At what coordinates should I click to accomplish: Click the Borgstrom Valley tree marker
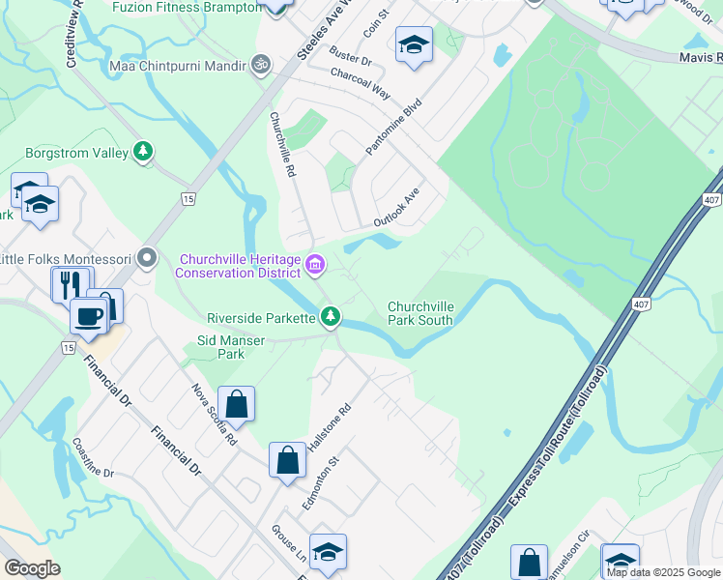tap(143, 151)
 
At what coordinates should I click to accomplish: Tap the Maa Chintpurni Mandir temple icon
tap(259, 65)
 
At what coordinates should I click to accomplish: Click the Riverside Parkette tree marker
tap(331, 316)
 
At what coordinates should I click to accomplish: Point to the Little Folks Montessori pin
tap(147, 257)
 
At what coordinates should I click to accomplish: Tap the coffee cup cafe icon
tap(89, 316)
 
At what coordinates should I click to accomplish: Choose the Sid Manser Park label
tap(231, 347)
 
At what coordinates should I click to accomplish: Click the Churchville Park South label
tap(420, 312)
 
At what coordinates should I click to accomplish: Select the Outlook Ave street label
tap(398, 208)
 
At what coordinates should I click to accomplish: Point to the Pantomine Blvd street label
tap(394, 127)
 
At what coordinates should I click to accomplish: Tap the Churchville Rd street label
tap(282, 144)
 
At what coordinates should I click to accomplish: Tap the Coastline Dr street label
tap(94, 458)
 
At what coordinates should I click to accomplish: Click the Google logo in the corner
tap(33, 568)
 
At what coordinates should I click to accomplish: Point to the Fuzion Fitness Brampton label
tap(187, 7)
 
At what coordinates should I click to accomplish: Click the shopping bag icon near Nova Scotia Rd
tap(237, 404)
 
